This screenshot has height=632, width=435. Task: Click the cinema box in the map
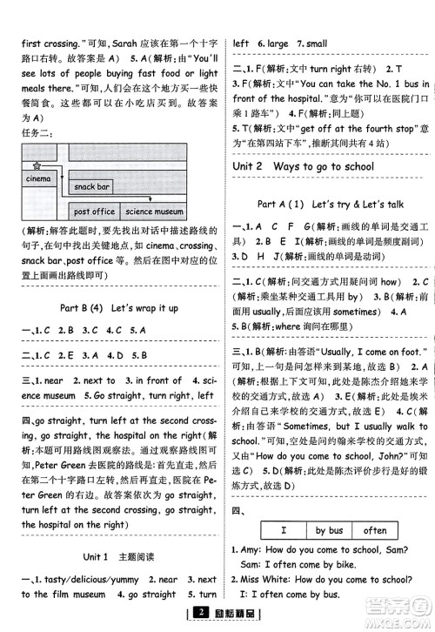point(38,178)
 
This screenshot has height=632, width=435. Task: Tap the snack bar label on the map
point(91,187)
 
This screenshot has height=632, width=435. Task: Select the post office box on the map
point(94,212)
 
